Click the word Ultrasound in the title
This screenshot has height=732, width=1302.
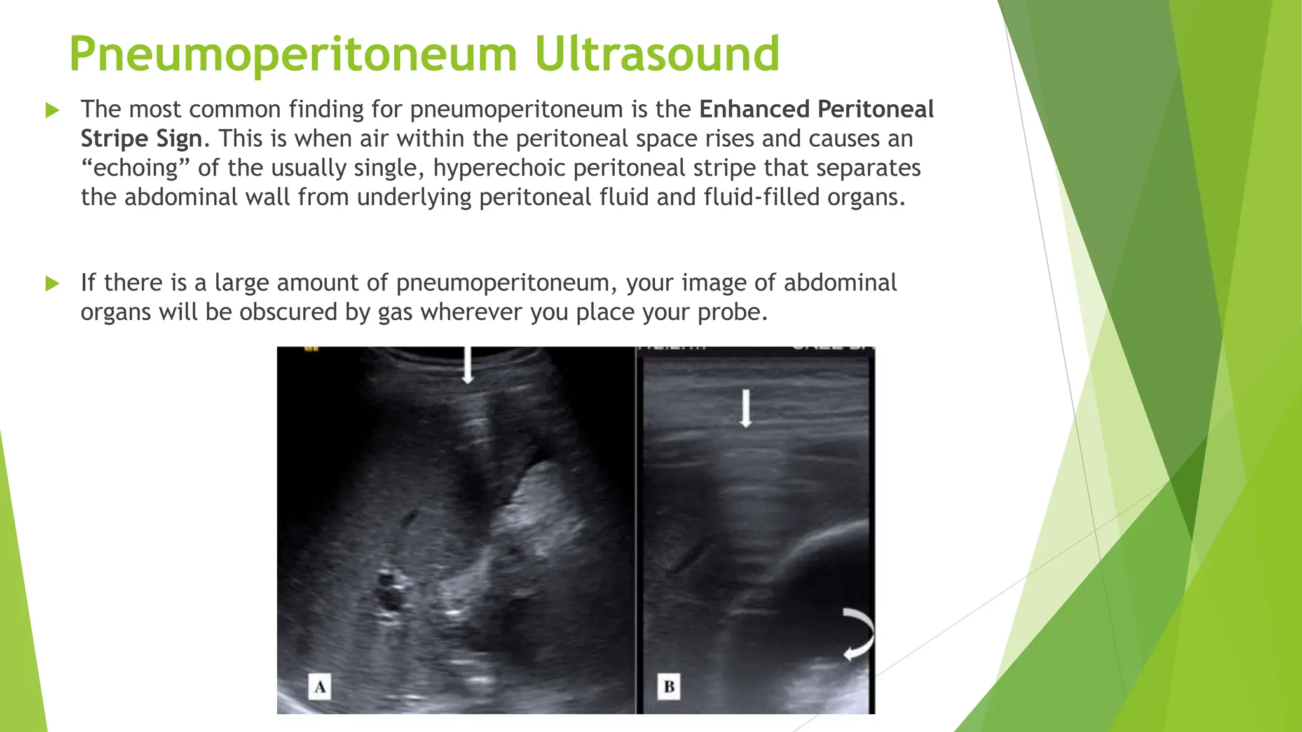point(657,54)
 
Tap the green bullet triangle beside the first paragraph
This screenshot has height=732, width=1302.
point(53,111)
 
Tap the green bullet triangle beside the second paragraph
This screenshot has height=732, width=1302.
point(53,283)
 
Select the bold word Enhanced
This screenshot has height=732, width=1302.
point(754,109)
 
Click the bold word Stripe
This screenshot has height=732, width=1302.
point(114,139)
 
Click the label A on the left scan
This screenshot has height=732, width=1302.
point(320,687)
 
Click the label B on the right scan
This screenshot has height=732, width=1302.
point(669,687)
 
